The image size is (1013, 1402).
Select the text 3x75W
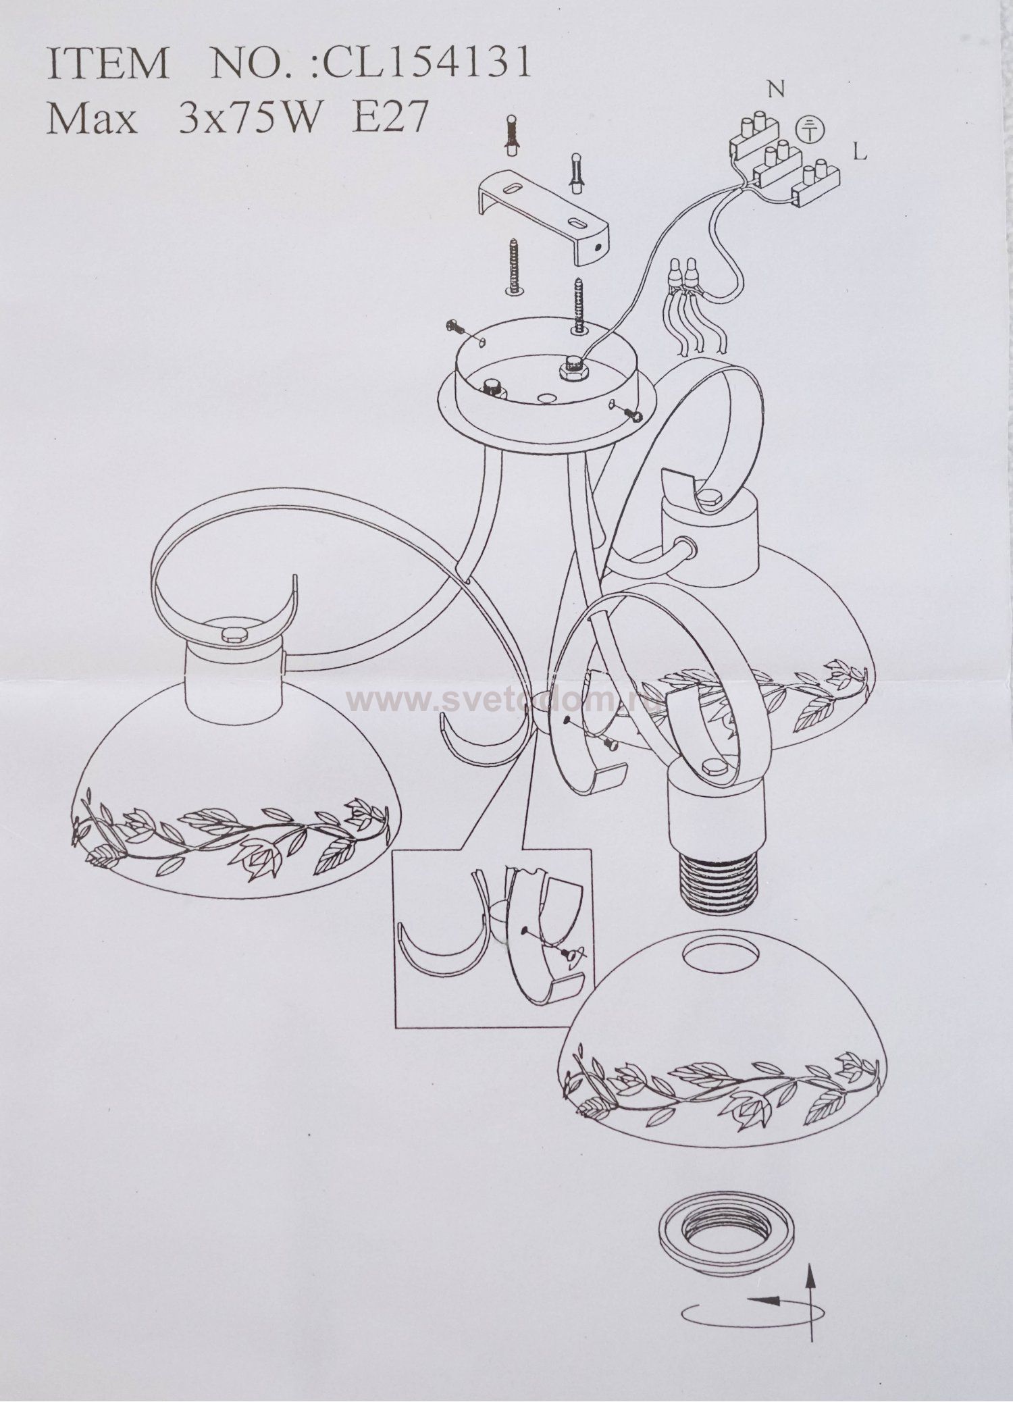[x=249, y=120]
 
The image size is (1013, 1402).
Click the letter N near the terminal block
[x=777, y=89]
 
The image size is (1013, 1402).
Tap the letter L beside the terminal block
[x=859, y=153]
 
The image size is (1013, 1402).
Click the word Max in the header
[x=90, y=120]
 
